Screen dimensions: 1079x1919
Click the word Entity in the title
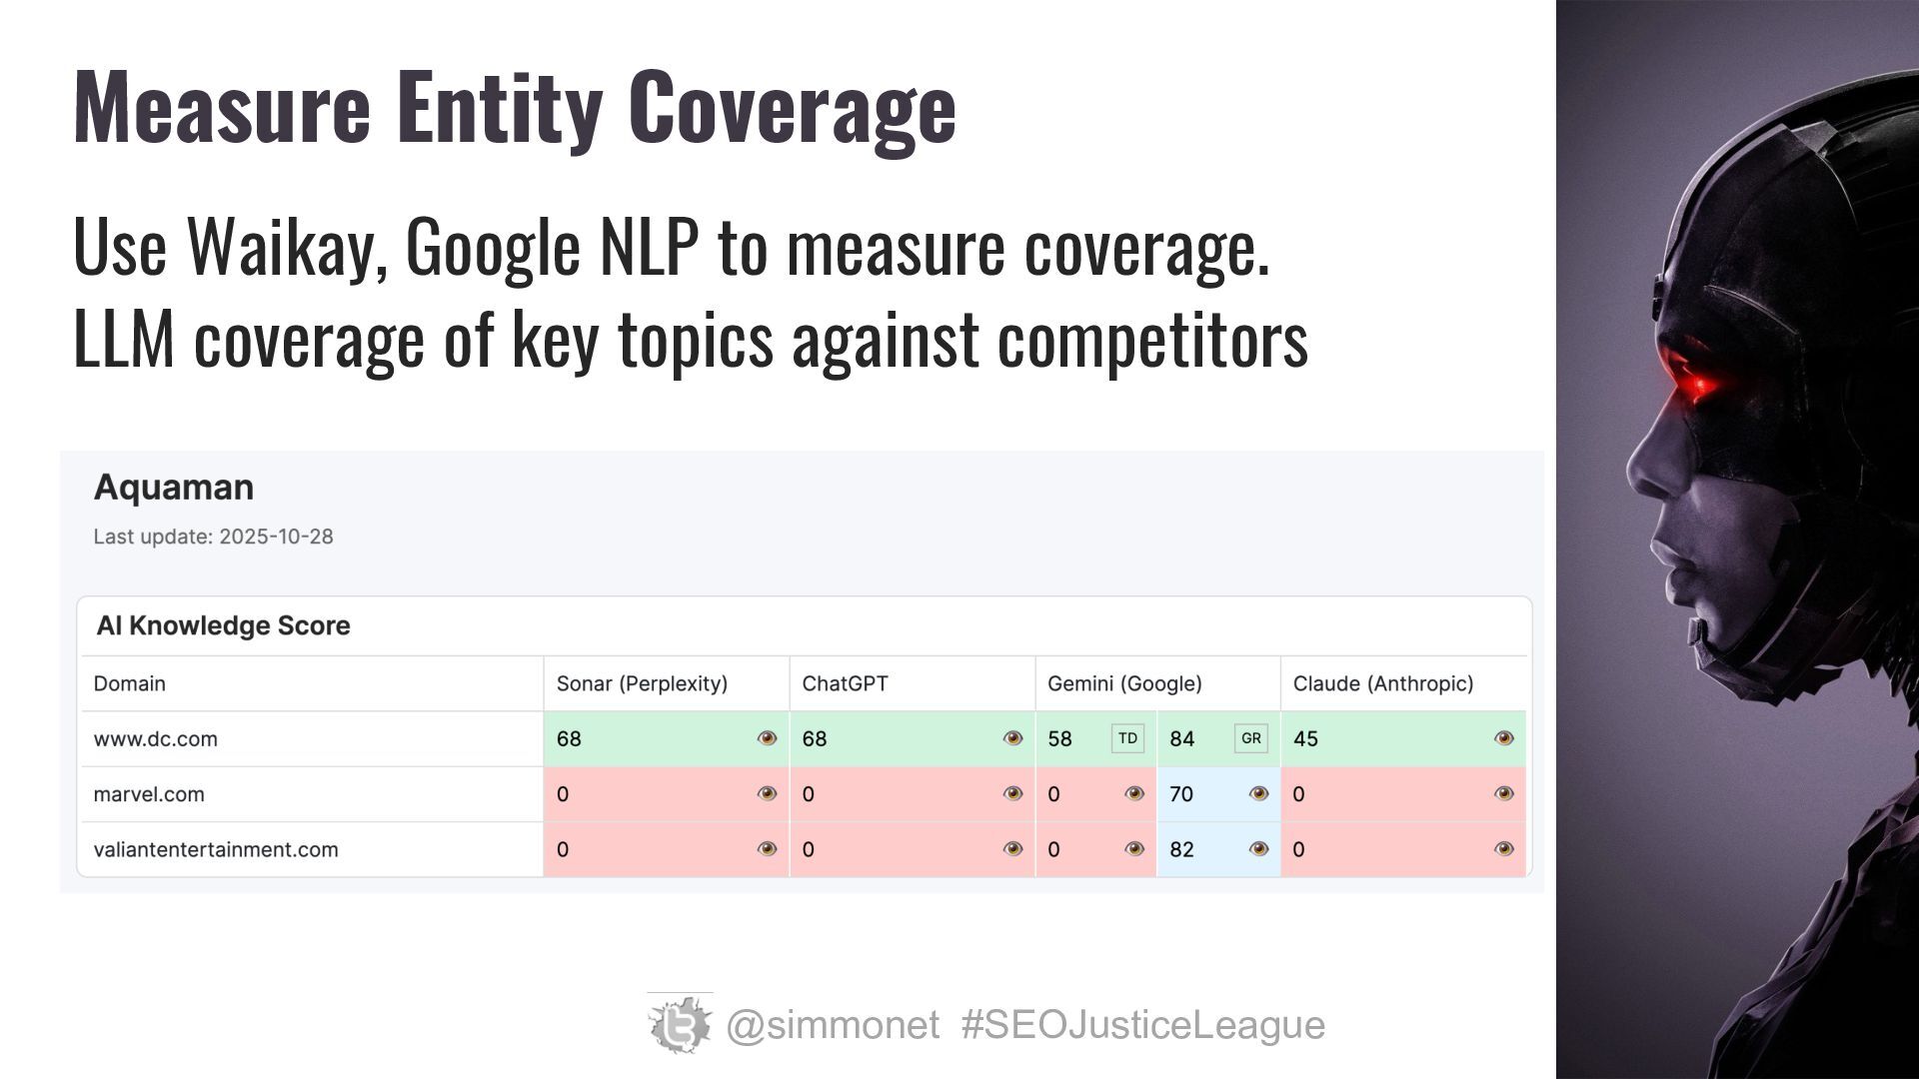point(499,108)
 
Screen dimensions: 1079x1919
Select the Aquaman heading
point(174,488)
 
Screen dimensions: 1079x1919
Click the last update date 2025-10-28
point(276,537)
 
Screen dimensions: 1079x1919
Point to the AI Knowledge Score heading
point(223,625)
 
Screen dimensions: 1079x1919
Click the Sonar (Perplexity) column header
point(642,683)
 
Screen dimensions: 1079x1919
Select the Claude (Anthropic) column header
point(1382,683)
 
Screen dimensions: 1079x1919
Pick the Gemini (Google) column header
point(1124,683)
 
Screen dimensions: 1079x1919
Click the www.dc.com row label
point(155,739)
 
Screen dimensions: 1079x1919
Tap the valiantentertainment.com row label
point(216,849)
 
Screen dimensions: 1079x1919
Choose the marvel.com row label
point(149,794)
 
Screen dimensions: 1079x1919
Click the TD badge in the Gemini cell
point(1127,738)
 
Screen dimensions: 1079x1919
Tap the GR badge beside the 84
point(1250,738)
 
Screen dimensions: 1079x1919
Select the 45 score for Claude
point(1305,739)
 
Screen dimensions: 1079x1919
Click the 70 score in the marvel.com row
point(1181,794)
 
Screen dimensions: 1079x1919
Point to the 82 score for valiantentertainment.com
point(1181,849)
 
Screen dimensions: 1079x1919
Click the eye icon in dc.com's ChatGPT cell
point(1012,738)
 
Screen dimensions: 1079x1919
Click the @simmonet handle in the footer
point(832,1025)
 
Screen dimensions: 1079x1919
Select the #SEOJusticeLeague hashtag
point(1142,1025)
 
